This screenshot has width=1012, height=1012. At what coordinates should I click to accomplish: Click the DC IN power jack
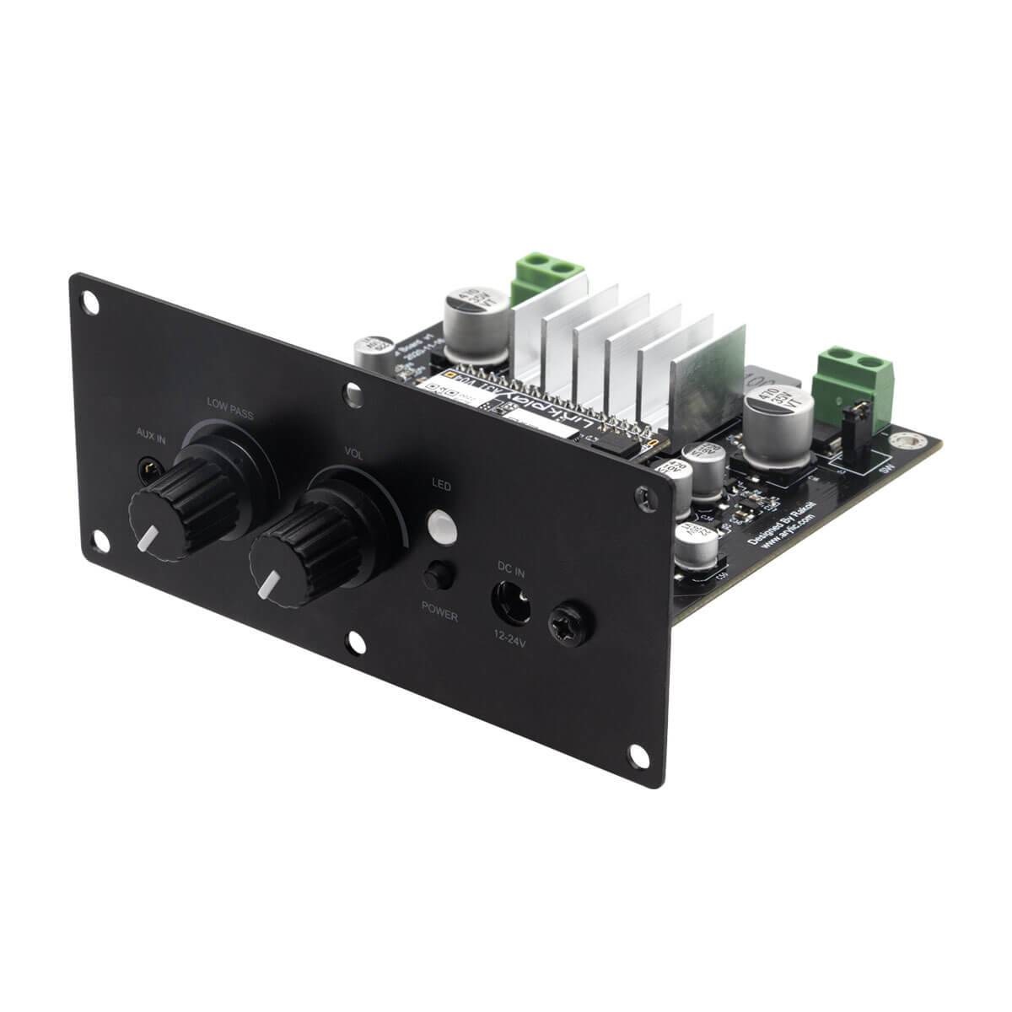coord(510,606)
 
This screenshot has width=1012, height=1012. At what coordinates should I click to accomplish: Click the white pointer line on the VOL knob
coord(272,583)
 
